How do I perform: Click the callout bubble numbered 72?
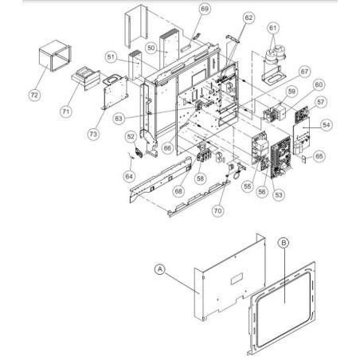click(34, 95)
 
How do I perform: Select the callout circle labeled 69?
click(205, 9)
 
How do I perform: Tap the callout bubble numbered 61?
click(272, 28)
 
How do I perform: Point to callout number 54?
click(327, 125)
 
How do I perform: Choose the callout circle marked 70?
click(217, 211)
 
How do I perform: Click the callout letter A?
click(160, 269)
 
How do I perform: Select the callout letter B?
click(284, 243)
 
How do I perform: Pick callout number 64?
click(129, 176)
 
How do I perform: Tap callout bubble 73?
click(93, 134)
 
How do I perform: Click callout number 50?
click(151, 48)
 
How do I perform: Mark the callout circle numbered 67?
click(304, 72)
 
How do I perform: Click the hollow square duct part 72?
click(55, 56)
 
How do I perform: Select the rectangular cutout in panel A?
click(237, 279)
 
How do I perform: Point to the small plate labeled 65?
click(303, 159)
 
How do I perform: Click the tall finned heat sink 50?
click(169, 48)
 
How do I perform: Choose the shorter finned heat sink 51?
click(135, 65)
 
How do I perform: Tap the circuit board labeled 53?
click(282, 158)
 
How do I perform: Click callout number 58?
click(200, 178)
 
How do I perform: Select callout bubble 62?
click(248, 18)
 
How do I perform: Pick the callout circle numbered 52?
click(131, 136)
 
